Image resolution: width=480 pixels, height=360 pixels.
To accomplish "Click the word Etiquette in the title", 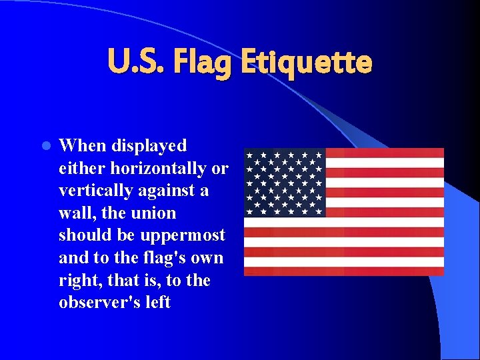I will (x=306, y=63).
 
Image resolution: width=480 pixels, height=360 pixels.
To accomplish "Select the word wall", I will (x=74, y=213).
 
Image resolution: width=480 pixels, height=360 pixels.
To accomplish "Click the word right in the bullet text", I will (x=77, y=281).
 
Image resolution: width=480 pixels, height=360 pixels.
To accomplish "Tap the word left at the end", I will (x=158, y=303).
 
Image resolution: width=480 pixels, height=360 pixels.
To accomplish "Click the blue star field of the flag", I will (x=285, y=183).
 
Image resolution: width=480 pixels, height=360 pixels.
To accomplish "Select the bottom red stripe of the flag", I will (x=343, y=271).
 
